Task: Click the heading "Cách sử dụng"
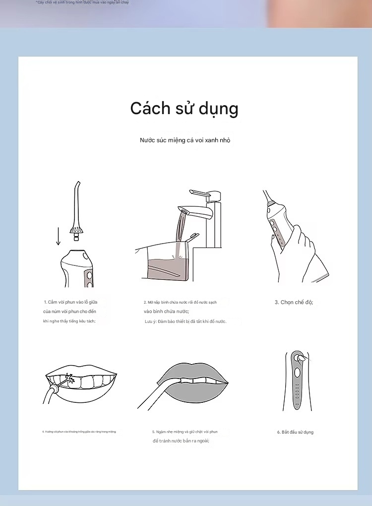(184, 109)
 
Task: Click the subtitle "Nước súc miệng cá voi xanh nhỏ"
(185, 140)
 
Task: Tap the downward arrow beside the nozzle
(58, 236)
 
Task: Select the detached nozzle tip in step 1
(76, 208)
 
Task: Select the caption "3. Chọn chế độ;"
(294, 302)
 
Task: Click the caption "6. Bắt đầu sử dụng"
(295, 432)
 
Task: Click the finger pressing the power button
(299, 357)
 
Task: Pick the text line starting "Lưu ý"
(185, 321)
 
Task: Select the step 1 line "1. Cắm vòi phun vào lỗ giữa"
(74, 302)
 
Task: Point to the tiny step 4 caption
(79, 432)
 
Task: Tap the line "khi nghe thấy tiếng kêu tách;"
(69, 321)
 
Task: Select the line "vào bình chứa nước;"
(166, 311)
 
